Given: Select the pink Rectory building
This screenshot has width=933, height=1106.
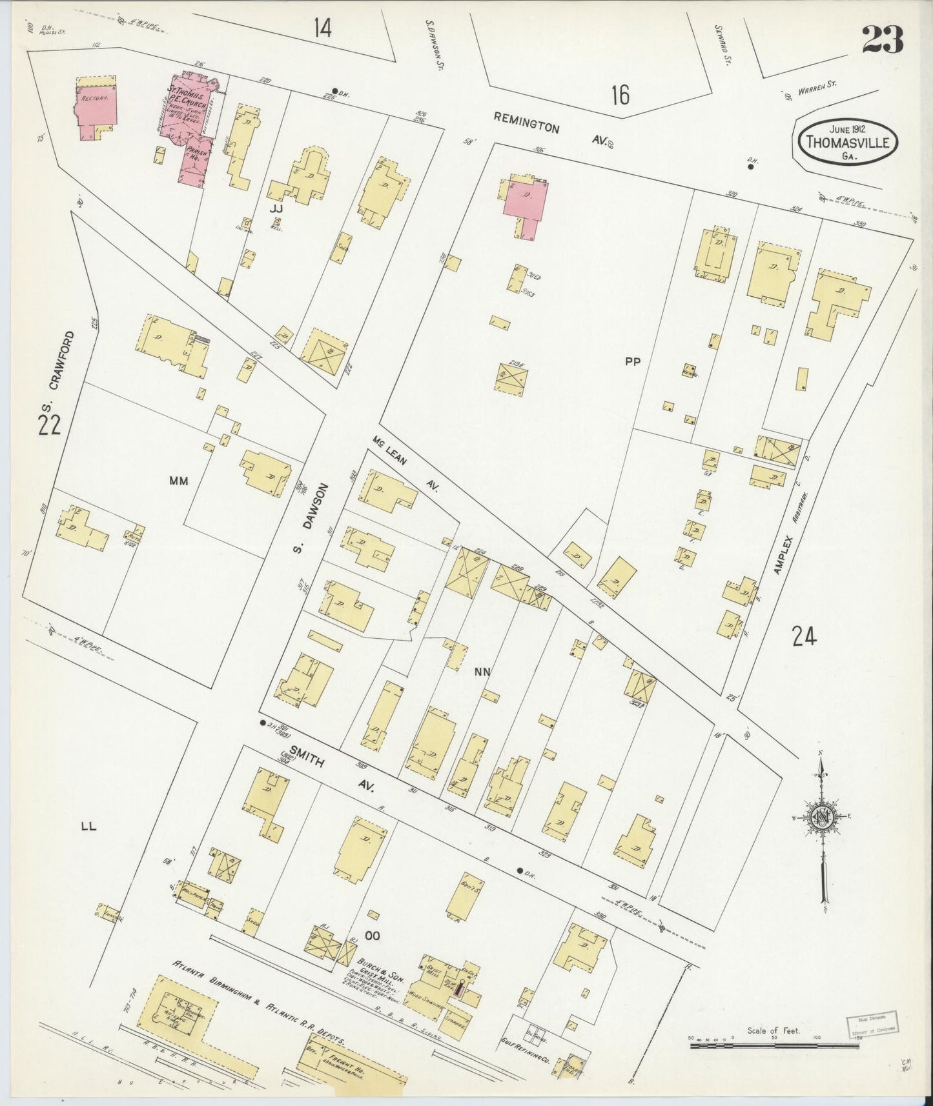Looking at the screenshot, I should pyautogui.click(x=97, y=103).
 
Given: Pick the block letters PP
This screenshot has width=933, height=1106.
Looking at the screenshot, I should pyautogui.click(x=632, y=362).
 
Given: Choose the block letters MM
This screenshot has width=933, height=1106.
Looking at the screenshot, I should pyautogui.click(x=178, y=480).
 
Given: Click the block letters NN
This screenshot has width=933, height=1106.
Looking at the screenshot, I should pyautogui.click(x=482, y=672).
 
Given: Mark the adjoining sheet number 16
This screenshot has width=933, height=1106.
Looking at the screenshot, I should pyautogui.click(x=620, y=96).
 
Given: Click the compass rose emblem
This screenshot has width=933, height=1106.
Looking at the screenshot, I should pyautogui.click(x=823, y=816).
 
